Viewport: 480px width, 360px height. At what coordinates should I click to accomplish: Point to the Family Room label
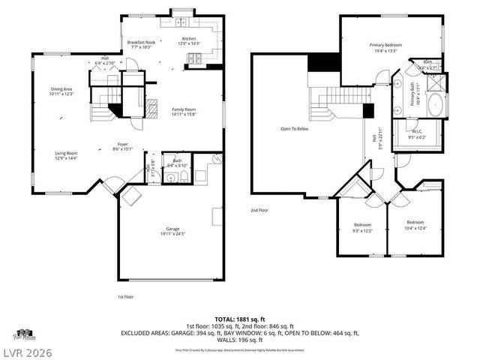(x=184, y=111)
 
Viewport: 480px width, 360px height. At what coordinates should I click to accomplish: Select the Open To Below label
(x=294, y=129)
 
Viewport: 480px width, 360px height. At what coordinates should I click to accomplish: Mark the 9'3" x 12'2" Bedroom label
(x=362, y=226)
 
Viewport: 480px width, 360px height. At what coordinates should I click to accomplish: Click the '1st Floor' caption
(x=125, y=298)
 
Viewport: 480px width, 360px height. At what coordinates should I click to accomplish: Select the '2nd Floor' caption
(x=260, y=211)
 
